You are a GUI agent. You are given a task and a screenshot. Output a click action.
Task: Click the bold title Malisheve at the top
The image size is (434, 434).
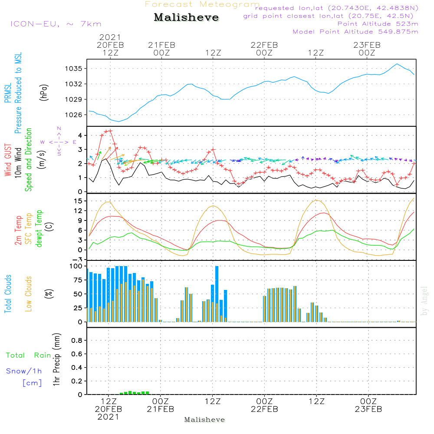coord(186,18)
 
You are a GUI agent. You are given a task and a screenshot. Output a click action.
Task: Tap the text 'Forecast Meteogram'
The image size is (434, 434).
coord(202,4)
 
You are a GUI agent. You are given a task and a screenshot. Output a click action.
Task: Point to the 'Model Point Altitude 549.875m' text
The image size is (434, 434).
coord(355,32)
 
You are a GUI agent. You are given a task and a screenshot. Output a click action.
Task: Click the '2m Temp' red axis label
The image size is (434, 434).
coord(18,230)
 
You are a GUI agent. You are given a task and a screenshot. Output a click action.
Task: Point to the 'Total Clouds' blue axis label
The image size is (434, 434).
coord(8,294)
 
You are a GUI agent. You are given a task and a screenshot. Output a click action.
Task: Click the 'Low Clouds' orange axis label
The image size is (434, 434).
coord(29,294)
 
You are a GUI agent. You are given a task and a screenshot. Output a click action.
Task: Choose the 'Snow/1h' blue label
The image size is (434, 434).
coord(24,371)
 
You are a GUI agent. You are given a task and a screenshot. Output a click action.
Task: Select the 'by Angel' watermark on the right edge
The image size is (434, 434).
coord(425,300)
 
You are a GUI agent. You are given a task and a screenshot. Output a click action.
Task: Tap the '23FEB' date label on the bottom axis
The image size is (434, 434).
coord(368,409)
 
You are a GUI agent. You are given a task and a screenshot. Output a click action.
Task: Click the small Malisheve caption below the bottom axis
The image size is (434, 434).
coord(205,420)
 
